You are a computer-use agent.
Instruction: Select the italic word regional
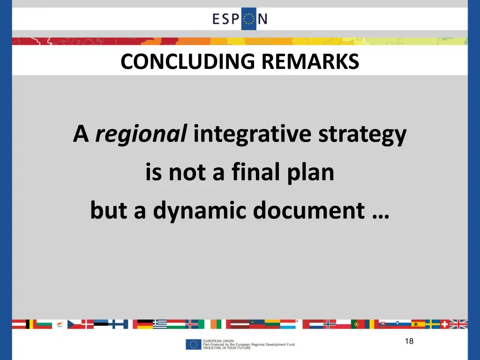click(x=141, y=135)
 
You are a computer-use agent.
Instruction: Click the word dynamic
click(x=201, y=211)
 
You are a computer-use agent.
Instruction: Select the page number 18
click(x=409, y=341)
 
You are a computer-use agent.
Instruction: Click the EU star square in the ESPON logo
click(x=248, y=19)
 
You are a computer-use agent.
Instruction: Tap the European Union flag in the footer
click(x=193, y=345)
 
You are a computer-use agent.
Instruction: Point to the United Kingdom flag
click(x=458, y=324)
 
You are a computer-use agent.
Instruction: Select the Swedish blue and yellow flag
click(x=432, y=324)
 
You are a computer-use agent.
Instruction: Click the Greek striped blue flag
click(x=160, y=324)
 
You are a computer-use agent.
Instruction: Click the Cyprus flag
click(x=60, y=324)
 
